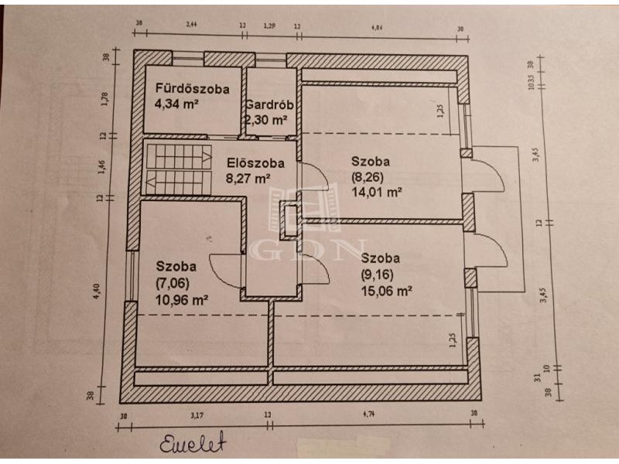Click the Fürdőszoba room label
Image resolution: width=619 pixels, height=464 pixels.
click(x=192, y=89)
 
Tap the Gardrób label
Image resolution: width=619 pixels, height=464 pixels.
click(x=267, y=106)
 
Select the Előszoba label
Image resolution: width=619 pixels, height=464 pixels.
click(x=255, y=163)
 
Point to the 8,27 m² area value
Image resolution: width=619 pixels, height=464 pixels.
click(x=248, y=178)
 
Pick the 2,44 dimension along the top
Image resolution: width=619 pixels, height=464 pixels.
click(x=193, y=26)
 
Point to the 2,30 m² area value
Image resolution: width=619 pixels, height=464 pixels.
click(x=266, y=120)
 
